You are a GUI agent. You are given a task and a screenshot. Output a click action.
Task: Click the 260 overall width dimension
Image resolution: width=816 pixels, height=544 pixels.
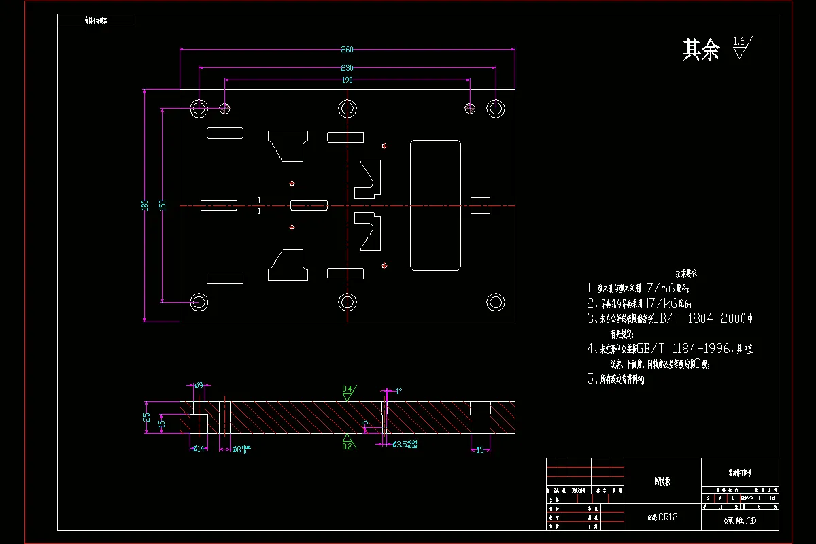[x=347, y=49]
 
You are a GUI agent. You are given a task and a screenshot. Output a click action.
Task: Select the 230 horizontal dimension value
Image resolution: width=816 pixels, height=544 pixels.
[x=347, y=67]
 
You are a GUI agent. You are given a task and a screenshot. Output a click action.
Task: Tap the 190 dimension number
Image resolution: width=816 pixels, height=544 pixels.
[x=347, y=80]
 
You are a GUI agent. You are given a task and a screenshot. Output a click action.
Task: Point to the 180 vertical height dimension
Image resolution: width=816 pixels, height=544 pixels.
[x=144, y=205]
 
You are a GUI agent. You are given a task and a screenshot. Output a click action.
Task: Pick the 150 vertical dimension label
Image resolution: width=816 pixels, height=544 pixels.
[x=162, y=205]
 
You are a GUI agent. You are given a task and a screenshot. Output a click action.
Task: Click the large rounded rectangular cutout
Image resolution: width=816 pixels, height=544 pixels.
[x=435, y=205]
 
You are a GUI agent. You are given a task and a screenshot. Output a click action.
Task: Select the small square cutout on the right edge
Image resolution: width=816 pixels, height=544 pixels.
[x=481, y=205]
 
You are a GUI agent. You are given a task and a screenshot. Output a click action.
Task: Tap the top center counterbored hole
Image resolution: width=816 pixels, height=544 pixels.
[x=347, y=108]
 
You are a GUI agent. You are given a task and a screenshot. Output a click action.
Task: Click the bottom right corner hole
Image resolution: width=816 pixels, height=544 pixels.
[x=496, y=302]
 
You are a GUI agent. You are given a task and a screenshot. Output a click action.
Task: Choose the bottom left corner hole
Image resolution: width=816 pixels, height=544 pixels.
[x=199, y=302]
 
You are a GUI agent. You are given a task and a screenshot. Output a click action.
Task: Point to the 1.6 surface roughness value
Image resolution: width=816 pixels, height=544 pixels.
[x=740, y=42]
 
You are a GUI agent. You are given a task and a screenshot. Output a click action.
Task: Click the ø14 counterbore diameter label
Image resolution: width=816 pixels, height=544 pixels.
[x=199, y=448]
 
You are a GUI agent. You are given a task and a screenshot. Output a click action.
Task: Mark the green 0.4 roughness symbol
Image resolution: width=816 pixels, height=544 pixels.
[x=347, y=390]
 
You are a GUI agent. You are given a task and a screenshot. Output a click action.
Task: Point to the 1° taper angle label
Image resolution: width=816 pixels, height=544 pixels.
[x=398, y=391]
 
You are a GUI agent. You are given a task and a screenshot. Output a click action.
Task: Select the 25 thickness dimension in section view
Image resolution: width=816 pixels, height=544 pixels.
[x=146, y=417]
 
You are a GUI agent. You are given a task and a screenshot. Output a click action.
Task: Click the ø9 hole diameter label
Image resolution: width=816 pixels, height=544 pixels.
[x=199, y=386]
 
